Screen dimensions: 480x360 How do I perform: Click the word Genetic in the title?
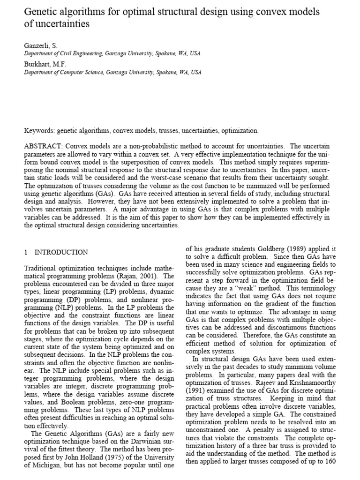[40, 10]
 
